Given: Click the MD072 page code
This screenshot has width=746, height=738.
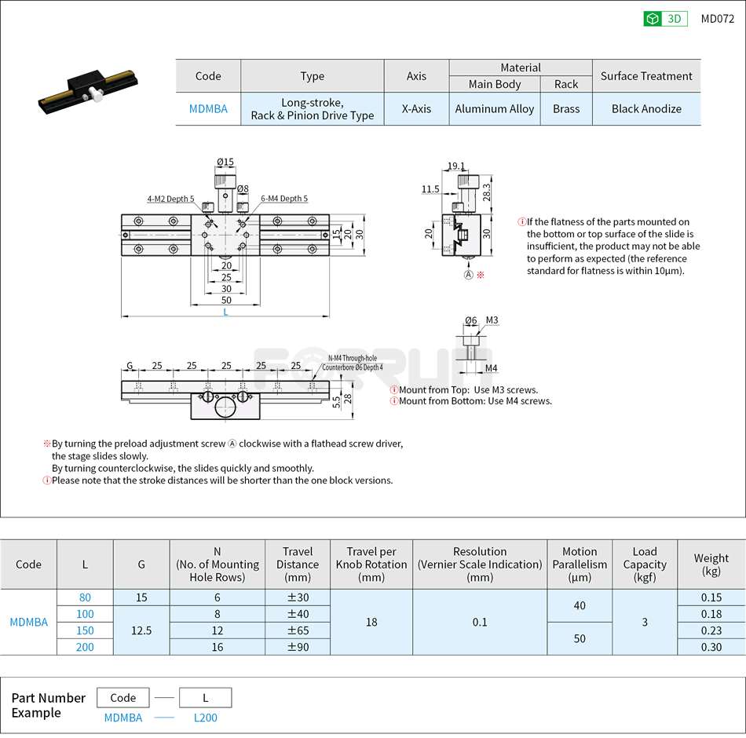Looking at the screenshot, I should [x=717, y=19].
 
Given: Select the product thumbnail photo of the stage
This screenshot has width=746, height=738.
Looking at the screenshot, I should [x=90, y=90].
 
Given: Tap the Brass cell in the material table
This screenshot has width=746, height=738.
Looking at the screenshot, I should [x=565, y=109].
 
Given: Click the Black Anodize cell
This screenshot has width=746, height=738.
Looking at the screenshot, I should [x=645, y=109].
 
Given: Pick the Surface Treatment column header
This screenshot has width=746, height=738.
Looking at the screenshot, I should [x=645, y=76].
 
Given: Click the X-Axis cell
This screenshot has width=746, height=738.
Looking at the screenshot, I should [x=416, y=109].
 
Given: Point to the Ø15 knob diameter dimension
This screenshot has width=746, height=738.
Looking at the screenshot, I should [x=225, y=163].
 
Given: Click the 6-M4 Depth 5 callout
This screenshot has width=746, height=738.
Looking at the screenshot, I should [x=283, y=199].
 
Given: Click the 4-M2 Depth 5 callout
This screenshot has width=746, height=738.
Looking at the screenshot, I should [x=170, y=199].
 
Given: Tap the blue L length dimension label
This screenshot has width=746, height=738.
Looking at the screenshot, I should [x=225, y=312].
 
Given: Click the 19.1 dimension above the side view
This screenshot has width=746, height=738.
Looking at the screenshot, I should [x=455, y=166].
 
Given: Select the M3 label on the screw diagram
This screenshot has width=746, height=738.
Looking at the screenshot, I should [x=492, y=320].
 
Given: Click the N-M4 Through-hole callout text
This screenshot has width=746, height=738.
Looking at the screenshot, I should [x=354, y=359].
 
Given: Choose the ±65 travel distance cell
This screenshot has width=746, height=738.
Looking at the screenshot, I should [x=297, y=630].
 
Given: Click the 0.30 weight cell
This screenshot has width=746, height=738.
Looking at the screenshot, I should [x=711, y=647].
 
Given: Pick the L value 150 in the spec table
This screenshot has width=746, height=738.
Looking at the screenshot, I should [x=85, y=630].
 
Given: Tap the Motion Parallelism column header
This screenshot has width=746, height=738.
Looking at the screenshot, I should [x=579, y=564].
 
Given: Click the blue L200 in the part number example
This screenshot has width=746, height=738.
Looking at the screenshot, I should [x=205, y=718].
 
